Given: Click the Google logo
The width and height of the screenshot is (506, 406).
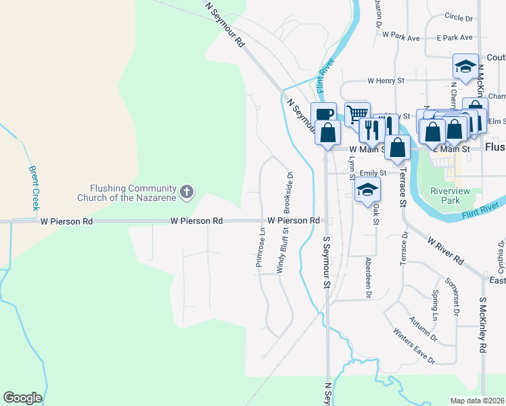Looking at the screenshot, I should tap(22, 398).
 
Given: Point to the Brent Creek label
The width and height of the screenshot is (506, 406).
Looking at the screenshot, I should tap(34, 188).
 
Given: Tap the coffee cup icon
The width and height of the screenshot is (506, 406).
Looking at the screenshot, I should tap(323, 113).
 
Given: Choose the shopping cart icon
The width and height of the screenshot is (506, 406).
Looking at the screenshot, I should tap(357, 113).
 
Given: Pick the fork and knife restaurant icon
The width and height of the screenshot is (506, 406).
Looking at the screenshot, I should tap(372, 127).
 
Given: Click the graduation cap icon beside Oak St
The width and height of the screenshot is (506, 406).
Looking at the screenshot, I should tap(367, 189).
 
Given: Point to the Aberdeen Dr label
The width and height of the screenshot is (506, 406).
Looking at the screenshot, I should tap(369, 277).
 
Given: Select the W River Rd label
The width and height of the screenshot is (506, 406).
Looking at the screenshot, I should tap(445, 250).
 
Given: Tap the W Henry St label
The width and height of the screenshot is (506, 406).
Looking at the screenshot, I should tap(386, 81).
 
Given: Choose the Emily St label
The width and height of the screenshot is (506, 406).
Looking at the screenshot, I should tap(372, 173).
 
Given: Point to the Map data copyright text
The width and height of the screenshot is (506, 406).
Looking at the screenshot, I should tap(478, 401).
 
